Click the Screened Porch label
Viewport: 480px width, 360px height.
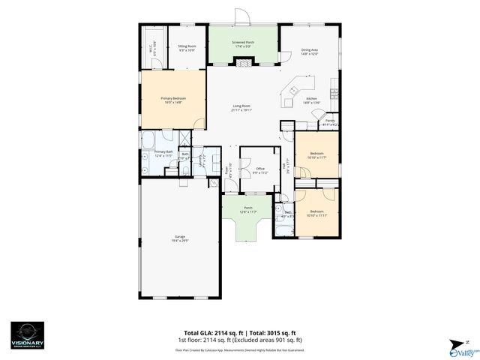pyautogui.click(x=243, y=43)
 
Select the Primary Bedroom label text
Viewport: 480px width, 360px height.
pyautogui.click(x=172, y=99)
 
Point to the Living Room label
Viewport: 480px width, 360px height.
pyautogui.click(x=241, y=108)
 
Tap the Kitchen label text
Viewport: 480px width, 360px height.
pyautogui.click(x=311, y=99)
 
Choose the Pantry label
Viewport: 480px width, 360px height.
pyautogui.click(x=329, y=121)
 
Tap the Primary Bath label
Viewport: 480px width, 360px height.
pyautogui.click(x=163, y=153)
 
